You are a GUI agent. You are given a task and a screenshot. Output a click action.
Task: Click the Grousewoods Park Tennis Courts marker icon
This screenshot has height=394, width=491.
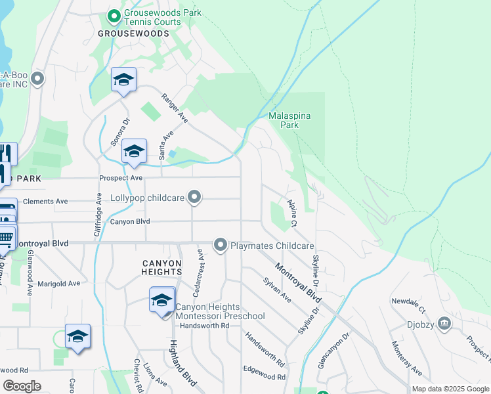click(114, 14)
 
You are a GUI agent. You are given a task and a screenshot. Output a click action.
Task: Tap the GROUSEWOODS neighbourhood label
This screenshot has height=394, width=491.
click(139, 32)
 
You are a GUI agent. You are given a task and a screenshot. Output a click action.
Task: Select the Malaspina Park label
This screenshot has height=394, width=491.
click(289, 120)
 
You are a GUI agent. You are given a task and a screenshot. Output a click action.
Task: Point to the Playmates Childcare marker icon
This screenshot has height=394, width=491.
click(221, 246)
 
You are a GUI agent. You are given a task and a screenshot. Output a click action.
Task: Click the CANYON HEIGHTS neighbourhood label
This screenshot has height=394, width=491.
click(161, 267)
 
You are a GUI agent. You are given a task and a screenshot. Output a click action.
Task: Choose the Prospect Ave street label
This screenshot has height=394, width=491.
click(121, 178)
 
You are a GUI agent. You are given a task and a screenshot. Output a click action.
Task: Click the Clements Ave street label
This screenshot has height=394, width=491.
click(45, 202)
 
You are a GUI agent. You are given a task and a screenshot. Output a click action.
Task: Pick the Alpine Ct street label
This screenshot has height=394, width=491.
click(291, 214)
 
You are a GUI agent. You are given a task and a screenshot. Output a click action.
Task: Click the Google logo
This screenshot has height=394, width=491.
click(22, 386)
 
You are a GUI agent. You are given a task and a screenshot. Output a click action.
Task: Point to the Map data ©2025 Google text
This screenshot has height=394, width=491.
click(450, 389)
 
